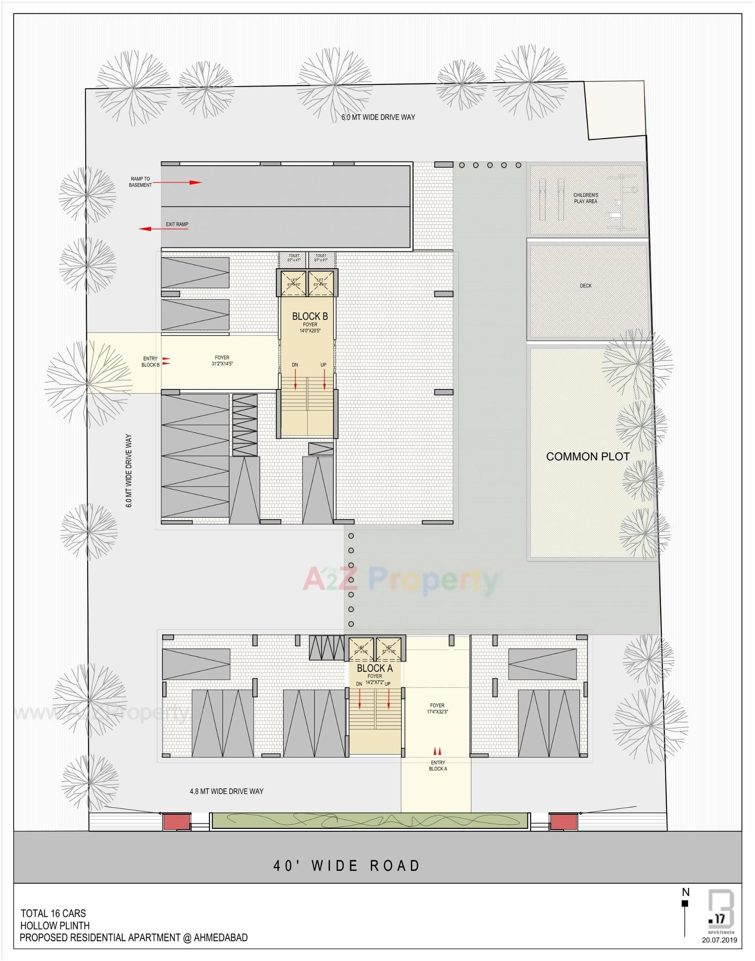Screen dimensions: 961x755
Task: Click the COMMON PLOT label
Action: click(x=587, y=457)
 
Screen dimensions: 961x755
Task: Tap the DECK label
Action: click(x=585, y=286)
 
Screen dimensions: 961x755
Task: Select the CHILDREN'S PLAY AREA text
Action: click(x=585, y=198)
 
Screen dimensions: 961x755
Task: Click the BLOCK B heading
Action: click(x=310, y=317)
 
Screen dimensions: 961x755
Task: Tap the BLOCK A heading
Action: click(x=375, y=668)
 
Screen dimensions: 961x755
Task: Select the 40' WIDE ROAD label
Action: click(x=347, y=865)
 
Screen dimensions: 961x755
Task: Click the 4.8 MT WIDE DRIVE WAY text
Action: click(x=226, y=792)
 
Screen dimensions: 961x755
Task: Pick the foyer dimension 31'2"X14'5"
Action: click(x=222, y=364)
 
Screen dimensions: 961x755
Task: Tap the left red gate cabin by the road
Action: click(x=175, y=822)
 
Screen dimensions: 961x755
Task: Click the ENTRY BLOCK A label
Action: click(x=437, y=766)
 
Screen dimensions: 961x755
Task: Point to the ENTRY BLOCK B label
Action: click(x=150, y=362)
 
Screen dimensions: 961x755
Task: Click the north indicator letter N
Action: click(x=686, y=892)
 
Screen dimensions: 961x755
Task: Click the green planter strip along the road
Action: click(x=369, y=821)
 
